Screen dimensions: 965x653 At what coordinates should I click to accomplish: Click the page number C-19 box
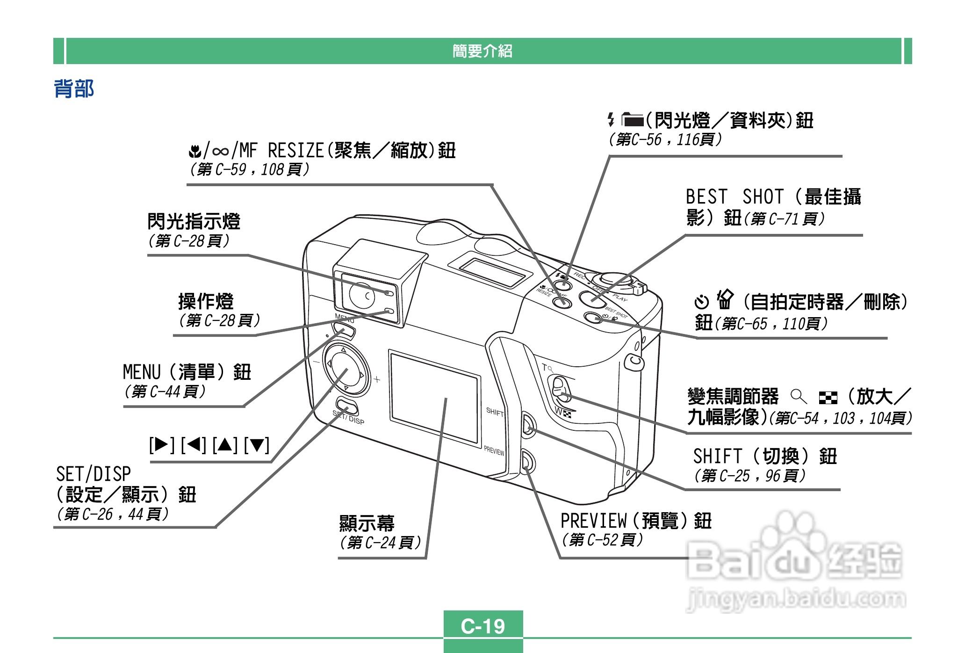pyautogui.click(x=483, y=626)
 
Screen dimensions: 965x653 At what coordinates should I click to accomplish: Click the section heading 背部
pyautogui.click(x=74, y=88)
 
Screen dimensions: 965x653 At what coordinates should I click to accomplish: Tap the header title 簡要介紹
pyautogui.click(x=482, y=51)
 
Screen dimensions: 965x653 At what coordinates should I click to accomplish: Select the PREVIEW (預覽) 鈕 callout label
pyautogui.click(x=635, y=521)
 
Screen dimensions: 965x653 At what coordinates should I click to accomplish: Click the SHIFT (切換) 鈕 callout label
pyautogui.click(x=764, y=456)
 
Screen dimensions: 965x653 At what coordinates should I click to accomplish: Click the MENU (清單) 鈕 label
pyautogui.click(x=187, y=372)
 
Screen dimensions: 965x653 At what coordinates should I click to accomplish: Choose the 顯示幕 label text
pyautogui.click(x=367, y=523)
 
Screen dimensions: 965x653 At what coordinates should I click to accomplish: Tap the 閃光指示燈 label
pyautogui.click(x=194, y=221)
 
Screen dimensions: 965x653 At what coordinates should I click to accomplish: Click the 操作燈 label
pyautogui.click(x=206, y=302)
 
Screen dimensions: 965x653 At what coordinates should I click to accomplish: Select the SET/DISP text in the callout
pyautogui.click(x=94, y=474)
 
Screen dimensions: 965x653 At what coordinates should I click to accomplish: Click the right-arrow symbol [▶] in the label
pyautogui.click(x=161, y=444)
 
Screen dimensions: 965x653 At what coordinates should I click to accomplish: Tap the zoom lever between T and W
pyautogui.click(x=560, y=389)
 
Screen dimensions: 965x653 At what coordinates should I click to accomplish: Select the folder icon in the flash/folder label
pyautogui.click(x=633, y=120)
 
